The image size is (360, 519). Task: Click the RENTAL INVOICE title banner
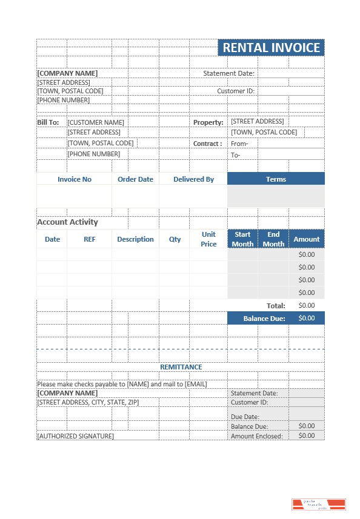[x=271, y=48]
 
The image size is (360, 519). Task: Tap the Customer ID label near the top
[x=236, y=91]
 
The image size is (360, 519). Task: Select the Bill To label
[x=48, y=122]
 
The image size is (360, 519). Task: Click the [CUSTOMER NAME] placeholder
[x=96, y=122]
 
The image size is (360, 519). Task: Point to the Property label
[x=208, y=122]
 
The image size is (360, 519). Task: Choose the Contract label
[x=207, y=144]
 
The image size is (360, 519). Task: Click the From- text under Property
[x=239, y=144]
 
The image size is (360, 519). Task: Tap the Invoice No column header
[x=75, y=179]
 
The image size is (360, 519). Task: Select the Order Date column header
[x=135, y=179]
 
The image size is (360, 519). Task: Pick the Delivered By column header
[x=193, y=179]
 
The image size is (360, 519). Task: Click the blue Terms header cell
[x=276, y=179]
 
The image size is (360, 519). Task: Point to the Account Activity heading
[x=67, y=222]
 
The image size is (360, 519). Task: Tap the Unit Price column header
[x=208, y=239]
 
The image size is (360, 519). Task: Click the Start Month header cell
[x=242, y=239]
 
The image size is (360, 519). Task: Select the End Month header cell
[x=273, y=239]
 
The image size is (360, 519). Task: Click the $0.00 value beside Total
[x=307, y=305]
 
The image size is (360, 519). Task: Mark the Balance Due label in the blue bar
[x=264, y=318]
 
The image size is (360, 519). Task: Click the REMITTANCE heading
[x=181, y=367]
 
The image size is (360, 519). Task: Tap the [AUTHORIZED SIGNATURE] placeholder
[x=75, y=436]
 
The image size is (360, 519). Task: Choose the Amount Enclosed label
[x=257, y=436]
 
